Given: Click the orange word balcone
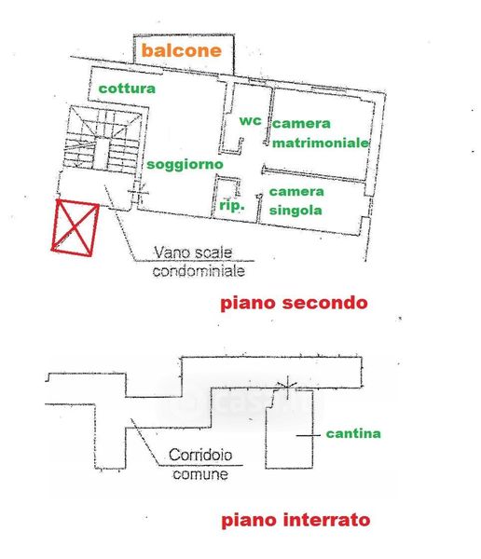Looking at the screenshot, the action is click(181, 50).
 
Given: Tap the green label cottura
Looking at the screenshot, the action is click(127, 89).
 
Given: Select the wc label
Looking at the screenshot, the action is click(250, 121).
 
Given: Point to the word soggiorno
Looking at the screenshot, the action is click(185, 165).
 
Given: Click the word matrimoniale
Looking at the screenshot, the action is click(321, 143).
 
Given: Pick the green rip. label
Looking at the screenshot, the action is click(231, 205).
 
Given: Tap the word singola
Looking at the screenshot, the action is click(295, 211).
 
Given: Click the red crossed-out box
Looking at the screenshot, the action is click(76, 228).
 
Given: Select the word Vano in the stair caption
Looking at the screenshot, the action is click(168, 252).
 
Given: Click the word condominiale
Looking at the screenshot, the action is click(199, 271).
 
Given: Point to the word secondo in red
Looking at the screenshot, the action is click(324, 303).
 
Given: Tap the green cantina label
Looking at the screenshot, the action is click(353, 433).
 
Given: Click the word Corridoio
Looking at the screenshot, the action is click(200, 455).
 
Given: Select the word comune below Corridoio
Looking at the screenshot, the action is click(200, 474).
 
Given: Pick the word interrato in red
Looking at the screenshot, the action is click(326, 520).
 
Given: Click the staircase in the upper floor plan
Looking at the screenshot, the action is click(102, 139).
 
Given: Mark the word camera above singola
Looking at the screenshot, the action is click(296, 192).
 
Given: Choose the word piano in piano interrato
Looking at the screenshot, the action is click(250, 521).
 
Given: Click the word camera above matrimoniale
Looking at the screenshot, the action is click(301, 124).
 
